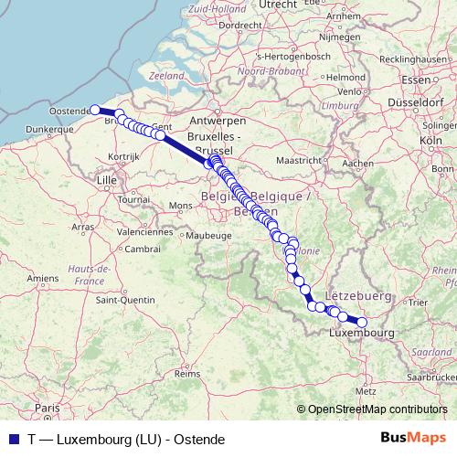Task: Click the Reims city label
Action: pyautogui.click(x=187, y=374)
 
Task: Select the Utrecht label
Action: pyautogui.click(x=278, y=5)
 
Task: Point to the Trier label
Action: pyautogui.click(x=420, y=302)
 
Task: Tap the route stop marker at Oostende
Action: pyautogui.click(x=95, y=110)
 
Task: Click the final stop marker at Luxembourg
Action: pyautogui.click(x=362, y=322)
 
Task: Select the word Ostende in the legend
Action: pyautogui.click(x=201, y=439)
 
